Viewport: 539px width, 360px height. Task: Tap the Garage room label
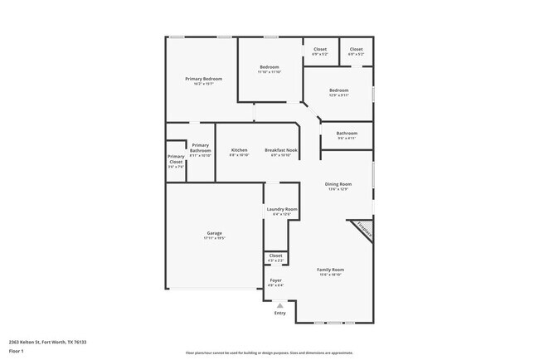click(x=214, y=233)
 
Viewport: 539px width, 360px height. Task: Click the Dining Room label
click(x=337, y=184)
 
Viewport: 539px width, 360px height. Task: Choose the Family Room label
click(x=331, y=270)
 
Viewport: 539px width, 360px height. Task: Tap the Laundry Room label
click(x=282, y=210)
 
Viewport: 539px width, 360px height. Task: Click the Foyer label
click(x=276, y=280)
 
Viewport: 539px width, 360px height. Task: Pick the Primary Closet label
click(x=176, y=158)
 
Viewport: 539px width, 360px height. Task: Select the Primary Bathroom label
click(x=200, y=148)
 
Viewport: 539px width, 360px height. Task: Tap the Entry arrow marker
click(x=279, y=305)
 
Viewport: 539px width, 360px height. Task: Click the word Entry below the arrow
click(x=279, y=313)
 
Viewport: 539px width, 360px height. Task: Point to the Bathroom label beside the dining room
click(x=347, y=134)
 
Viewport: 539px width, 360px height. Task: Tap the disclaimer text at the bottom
click(x=269, y=353)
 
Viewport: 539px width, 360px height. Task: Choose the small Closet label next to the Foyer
click(x=276, y=255)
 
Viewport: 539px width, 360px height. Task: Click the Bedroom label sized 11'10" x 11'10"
click(x=269, y=66)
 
